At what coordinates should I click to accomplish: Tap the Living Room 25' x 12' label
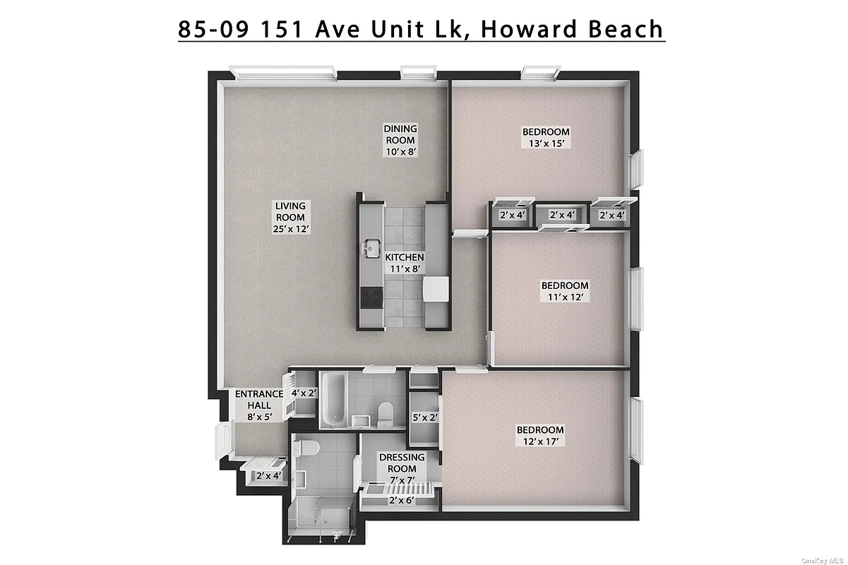pyautogui.click(x=290, y=218)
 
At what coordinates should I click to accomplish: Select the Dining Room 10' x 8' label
pyautogui.click(x=400, y=140)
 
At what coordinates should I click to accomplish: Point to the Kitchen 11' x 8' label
pyautogui.click(x=404, y=263)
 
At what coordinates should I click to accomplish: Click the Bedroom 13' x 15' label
pyautogui.click(x=546, y=137)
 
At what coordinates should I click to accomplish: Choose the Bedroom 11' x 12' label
pyautogui.click(x=565, y=291)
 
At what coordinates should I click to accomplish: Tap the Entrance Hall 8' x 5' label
pyautogui.click(x=258, y=405)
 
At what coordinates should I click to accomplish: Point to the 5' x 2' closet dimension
pyautogui.click(x=425, y=417)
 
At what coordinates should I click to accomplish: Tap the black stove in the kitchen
pyautogui.click(x=370, y=299)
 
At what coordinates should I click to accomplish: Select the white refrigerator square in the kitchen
pyautogui.click(x=436, y=288)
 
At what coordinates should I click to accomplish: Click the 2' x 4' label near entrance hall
pyautogui.click(x=268, y=476)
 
